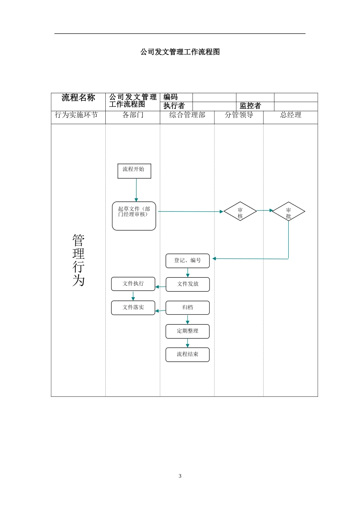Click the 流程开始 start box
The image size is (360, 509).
pyautogui.click(x=134, y=171)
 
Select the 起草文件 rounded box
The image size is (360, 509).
pyautogui.click(x=134, y=216)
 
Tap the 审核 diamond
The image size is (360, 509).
pyautogui.click(x=240, y=211)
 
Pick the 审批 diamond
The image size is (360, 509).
pyautogui.click(x=288, y=211)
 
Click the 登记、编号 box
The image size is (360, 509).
pyautogui.click(x=188, y=261)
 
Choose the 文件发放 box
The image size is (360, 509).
pyautogui.click(x=188, y=284)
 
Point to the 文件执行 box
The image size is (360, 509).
pyautogui.click(x=133, y=284)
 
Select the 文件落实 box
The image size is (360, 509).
pyautogui.click(x=133, y=308)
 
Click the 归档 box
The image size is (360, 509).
pyautogui.click(x=188, y=308)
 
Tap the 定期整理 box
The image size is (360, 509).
pyautogui.click(x=188, y=331)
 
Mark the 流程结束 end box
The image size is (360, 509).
pyautogui.click(x=188, y=354)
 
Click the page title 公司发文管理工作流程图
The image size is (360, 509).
pyautogui.click(x=180, y=52)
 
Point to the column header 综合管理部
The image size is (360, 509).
pyautogui.click(x=187, y=115)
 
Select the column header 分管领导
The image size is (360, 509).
pyautogui.click(x=239, y=115)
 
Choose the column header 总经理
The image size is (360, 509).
pyautogui.click(x=291, y=115)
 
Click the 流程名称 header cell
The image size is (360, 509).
pyautogui.click(x=78, y=98)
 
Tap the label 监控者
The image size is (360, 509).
pyautogui.click(x=250, y=106)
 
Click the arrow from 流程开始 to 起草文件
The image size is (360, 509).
pyautogui.click(x=136, y=190)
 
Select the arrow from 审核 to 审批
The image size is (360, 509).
pyautogui.click(x=265, y=210)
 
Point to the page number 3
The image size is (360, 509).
pyautogui.click(x=180, y=476)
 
